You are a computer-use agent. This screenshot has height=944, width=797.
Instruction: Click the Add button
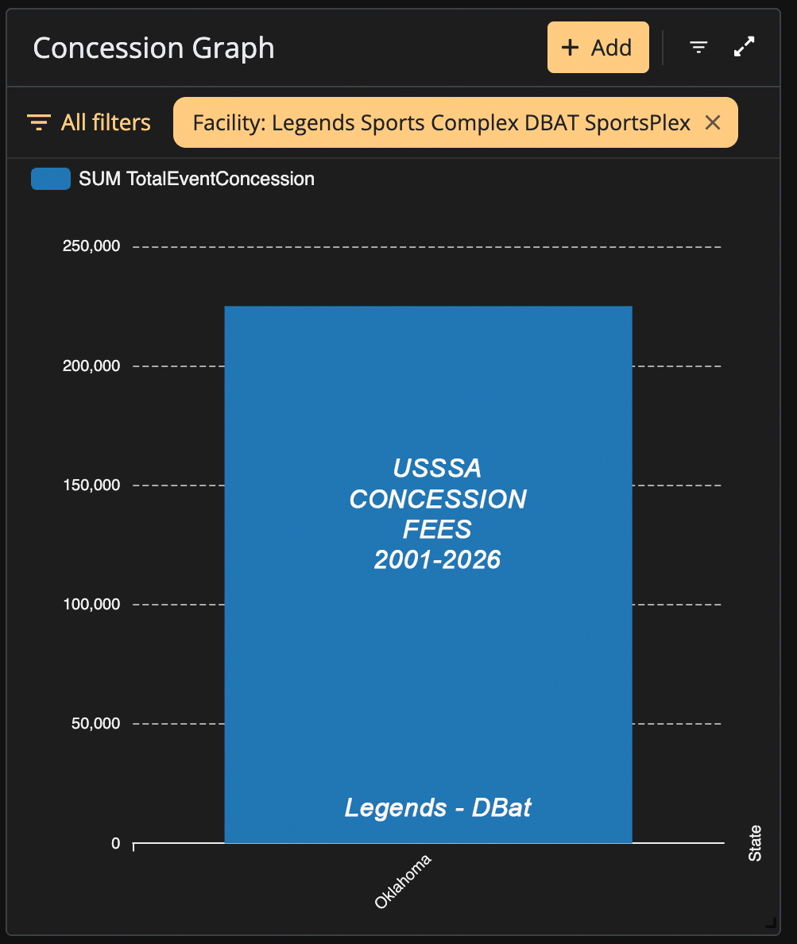pyautogui.click(x=598, y=48)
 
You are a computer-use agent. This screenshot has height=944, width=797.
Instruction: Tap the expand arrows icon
pyautogui.click(x=744, y=47)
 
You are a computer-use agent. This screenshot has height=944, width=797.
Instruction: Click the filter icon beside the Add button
pyautogui.click(x=698, y=47)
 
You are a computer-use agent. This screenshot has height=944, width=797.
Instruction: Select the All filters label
pyautogui.click(x=106, y=122)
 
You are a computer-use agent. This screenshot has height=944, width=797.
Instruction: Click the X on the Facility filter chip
pyautogui.click(x=713, y=123)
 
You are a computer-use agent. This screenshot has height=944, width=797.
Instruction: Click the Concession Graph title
pyautogui.click(x=153, y=48)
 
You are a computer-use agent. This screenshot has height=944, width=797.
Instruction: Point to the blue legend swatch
pyautogui.click(x=51, y=179)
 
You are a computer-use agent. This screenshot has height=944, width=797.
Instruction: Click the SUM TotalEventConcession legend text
pyautogui.click(x=196, y=179)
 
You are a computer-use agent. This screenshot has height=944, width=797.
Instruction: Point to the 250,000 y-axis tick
pyautogui.click(x=91, y=246)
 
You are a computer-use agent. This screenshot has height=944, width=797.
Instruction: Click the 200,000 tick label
pyautogui.click(x=91, y=366)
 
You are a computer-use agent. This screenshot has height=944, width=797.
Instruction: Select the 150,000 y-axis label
pyautogui.click(x=91, y=485)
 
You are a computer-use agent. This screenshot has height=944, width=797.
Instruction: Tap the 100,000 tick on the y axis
pyautogui.click(x=91, y=604)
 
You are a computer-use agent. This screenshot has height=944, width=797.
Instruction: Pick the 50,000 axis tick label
pyautogui.click(x=95, y=723)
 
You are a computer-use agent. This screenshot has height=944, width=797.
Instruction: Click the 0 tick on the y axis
pyautogui.click(x=115, y=843)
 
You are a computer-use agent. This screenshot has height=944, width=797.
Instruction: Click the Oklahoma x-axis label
pyautogui.click(x=403, y=881)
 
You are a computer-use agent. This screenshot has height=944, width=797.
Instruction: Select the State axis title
pyautogui.click(x=755, y=843)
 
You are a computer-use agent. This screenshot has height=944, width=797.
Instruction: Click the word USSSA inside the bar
pyautogui.click(x=437, y=468)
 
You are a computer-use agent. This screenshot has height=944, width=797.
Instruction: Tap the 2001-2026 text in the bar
pyautogui.click(x=437, y=560)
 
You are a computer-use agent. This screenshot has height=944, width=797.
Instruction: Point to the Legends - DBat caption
pyautogui.click(x=438, y=808)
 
